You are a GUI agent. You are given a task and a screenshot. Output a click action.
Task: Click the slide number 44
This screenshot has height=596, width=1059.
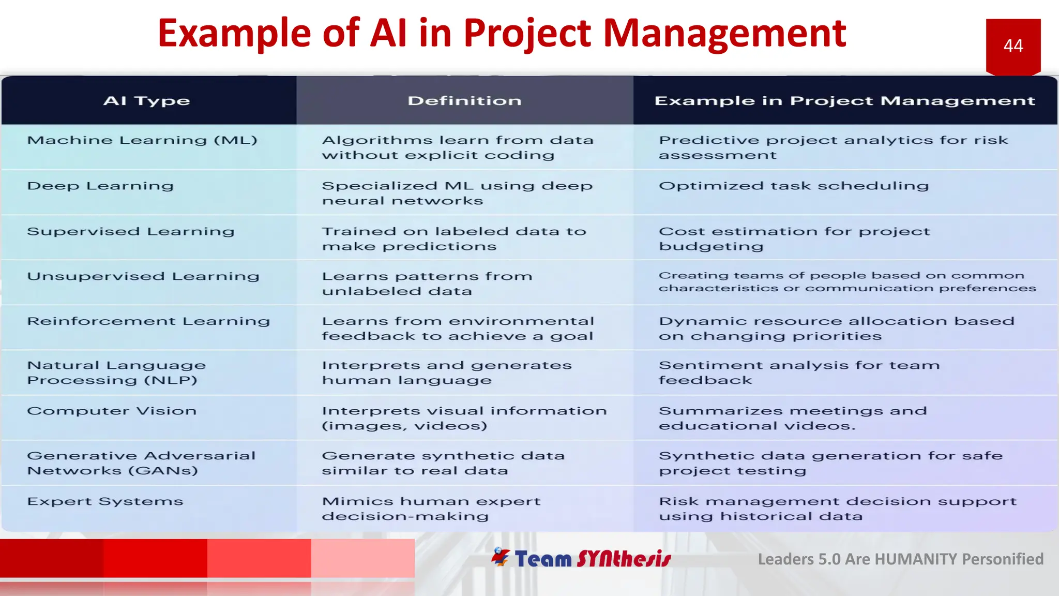[1013, 46]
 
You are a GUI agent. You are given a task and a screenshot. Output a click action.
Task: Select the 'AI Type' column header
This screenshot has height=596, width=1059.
[147, 101]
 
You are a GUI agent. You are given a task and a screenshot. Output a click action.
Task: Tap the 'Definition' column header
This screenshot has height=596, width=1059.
[464, 101]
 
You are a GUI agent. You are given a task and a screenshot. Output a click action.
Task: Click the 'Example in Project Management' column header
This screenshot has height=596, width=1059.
[844, 101]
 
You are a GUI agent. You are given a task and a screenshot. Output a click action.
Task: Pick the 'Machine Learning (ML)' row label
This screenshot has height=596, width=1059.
[142, 140]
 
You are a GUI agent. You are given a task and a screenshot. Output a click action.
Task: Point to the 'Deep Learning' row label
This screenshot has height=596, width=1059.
[100, 186]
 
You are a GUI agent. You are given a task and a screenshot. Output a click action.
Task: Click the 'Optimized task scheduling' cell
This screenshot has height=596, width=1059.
[794, 186]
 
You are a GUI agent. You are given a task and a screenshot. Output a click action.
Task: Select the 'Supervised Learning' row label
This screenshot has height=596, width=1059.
[131, 231]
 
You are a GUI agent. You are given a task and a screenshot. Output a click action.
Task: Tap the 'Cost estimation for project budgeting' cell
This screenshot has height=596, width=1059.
[794, 239]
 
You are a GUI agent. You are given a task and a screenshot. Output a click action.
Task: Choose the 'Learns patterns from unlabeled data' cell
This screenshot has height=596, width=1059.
[427, 284]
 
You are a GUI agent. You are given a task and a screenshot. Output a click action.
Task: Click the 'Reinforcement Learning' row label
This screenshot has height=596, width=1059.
[148, 321]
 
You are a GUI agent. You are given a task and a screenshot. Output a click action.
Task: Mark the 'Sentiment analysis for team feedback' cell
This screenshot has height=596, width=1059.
[799, 373]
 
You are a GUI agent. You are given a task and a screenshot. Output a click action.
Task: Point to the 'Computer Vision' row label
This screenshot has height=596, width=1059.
[112, 411]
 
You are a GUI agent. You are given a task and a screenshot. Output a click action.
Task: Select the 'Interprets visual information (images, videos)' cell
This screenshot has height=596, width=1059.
[464, 418]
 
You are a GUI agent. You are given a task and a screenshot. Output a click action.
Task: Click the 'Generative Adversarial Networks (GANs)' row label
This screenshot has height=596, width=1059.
[141, 463]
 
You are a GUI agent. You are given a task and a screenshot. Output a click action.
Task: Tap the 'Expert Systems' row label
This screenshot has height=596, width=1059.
[105, 501]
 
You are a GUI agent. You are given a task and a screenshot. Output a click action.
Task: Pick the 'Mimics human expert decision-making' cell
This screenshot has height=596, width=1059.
[431, 509]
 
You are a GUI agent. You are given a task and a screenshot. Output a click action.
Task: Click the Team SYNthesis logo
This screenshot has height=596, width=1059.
[581, 558]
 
